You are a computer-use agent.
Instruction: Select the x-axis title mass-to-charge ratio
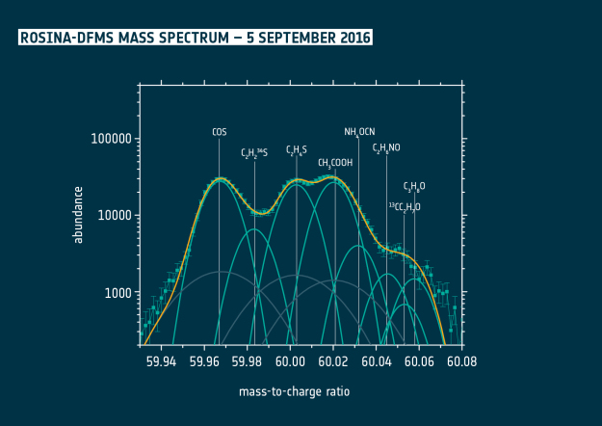tap(294, 392)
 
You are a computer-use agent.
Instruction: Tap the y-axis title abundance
tap(79, 214)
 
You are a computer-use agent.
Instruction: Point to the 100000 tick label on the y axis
tap(110, 139)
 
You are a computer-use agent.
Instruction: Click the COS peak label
tap(220, 131)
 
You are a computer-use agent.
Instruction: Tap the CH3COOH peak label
tap(335, 164)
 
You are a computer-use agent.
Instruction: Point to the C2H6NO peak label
tap(387, 148)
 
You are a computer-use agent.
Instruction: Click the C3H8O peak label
tap(414, 187)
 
